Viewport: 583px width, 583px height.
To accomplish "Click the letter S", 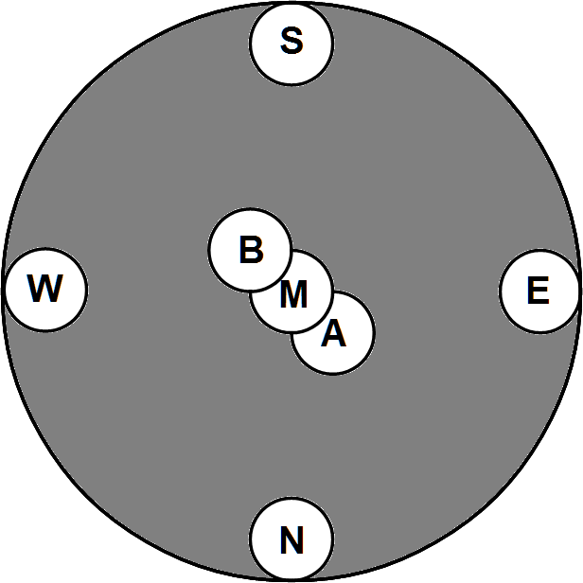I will (291, 42).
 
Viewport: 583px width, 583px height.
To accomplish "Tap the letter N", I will (291, 541).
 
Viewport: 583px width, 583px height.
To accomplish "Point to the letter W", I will (44, 288).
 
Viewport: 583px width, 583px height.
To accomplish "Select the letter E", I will (538, 291).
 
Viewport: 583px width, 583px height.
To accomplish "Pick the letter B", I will (250, 251).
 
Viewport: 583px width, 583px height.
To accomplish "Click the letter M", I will (293, 296).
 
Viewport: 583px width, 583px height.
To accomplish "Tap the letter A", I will (333, 334).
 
